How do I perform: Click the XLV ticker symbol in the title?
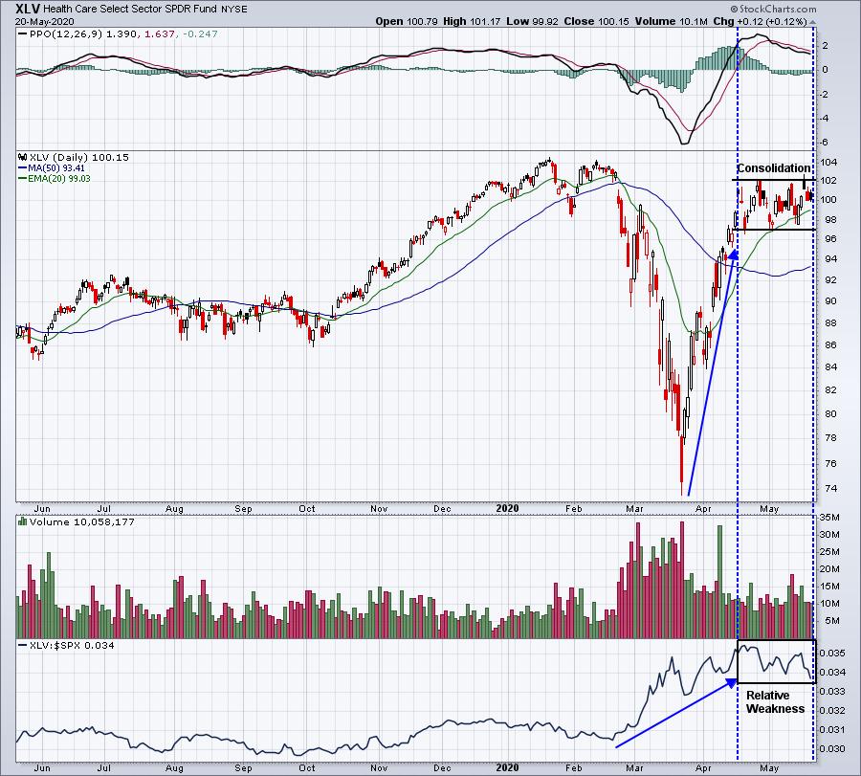pyautogui.click(x=28, y=9)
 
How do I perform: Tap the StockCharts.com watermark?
pyautogui.click(x=773, y=9)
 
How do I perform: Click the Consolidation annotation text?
pyautogui.click(x=773, y=168)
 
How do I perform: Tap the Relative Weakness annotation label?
pyautogui.click(x=775, y=702)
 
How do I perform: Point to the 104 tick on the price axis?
pyautogui.click(x=828, y=162)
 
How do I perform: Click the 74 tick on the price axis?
pyautogui.click(x=826, y=488)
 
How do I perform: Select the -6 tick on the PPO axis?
pyautogui.click(x=825, y=143)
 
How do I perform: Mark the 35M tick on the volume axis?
pyautogui.click(x=829, y=518)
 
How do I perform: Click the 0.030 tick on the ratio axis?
pyautogui.click(x=831, y=748)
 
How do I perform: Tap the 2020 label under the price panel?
pyautogui.click(x=507, y=508)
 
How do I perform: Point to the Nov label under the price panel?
pyautogui.click(x=379, y=508)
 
